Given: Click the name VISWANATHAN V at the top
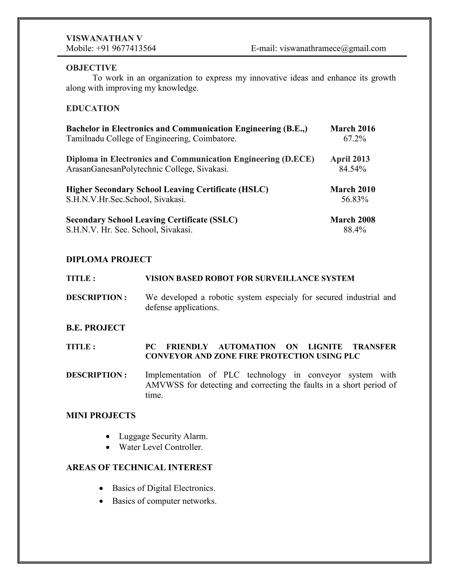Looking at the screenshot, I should (104, 38).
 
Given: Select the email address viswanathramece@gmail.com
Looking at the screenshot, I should (333, 48).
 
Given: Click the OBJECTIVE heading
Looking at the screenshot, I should (91, 68).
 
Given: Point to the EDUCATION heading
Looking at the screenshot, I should (93, 108).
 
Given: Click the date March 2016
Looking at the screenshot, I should (353, 129).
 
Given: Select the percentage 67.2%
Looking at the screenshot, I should (355, 139).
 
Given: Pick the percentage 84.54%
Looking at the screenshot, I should (353, 169).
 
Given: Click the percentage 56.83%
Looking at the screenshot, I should (355, 199).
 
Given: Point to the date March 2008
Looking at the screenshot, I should (353, 220).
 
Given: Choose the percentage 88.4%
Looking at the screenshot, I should (355, 230).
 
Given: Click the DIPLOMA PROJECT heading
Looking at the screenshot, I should (109, 259).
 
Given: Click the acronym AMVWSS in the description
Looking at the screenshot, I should (164, 385).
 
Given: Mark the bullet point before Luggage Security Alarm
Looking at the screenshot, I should (107, 437).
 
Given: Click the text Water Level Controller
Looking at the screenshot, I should (161, 447).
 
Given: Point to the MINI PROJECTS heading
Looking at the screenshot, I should (101, 415).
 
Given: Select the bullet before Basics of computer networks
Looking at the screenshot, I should (101, 501).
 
